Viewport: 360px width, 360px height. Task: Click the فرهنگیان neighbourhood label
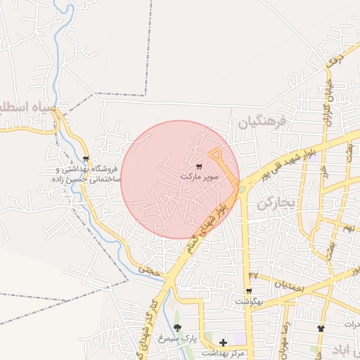tap(262, 122)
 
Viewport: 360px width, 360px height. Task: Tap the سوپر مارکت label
tap(200, 177)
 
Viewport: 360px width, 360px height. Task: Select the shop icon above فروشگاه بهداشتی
tap(86, 159)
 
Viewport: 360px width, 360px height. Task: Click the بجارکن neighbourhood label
tap(274, 204)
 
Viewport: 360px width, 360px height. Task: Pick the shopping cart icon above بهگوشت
tap(249, 291)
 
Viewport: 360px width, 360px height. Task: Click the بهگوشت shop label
tap(249, 301)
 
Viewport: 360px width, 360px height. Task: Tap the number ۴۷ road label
tap(253, 275)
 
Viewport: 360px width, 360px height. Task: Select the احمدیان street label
tap(288, 285)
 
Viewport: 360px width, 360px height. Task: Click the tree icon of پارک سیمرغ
tap(177, 328)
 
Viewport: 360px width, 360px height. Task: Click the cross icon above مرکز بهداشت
tap(224, 342)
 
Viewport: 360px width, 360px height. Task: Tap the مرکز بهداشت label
tap(224, 353)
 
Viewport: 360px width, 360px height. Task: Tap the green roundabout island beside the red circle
tap(242, 189)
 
